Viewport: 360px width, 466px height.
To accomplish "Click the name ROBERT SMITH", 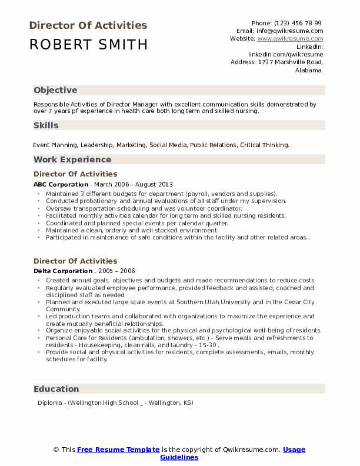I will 88,45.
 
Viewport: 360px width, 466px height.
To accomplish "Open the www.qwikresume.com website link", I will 290,38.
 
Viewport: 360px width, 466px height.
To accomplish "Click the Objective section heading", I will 55,90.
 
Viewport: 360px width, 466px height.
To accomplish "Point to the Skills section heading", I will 46,125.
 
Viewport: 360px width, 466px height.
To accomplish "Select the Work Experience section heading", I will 72,159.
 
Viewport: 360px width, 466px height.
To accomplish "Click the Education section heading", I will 56,389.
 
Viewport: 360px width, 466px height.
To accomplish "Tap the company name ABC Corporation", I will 61,184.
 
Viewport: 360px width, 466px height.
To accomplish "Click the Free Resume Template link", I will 118,450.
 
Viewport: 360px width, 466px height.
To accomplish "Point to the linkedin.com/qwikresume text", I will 285,54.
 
